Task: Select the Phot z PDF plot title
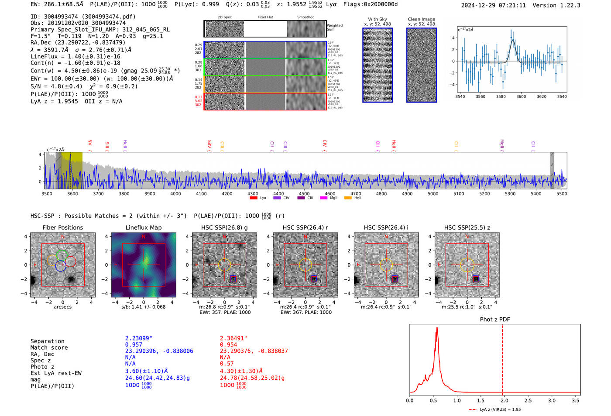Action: pos(494,320)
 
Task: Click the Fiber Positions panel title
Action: pos(62,227)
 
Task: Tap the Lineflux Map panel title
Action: pos(143,227)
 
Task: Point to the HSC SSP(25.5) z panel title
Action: pos(467,227)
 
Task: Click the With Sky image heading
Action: pos(377,19)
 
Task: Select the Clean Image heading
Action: pos(421,19)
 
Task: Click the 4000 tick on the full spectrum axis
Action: pos(175,194)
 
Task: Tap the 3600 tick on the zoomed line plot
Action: pos(521,96)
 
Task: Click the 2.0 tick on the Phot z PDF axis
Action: pos(504,400)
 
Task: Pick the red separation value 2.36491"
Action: pos(233,338)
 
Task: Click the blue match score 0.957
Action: pos(134,345)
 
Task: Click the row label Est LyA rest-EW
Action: pos(56,373)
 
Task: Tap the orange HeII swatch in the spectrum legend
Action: pos(348,198)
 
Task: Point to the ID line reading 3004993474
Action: pos(83,17)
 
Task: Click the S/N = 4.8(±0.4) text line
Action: pos(57,86)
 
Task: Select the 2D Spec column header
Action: pos(224,17)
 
